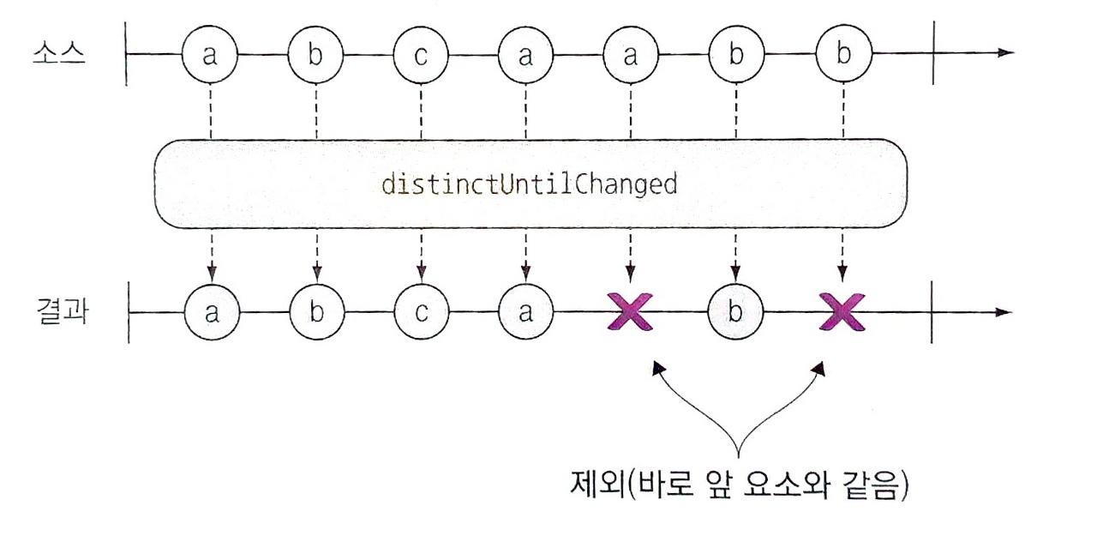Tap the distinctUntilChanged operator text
tap(530, 184)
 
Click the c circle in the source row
tap(421, 55)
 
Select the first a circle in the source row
tap(210, 55)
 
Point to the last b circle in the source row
tap(843, 55)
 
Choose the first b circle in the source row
tap(315, 55)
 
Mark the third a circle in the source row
tap(631, 55)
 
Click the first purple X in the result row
tap(631, 312)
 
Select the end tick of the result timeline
tap(932, 311)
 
